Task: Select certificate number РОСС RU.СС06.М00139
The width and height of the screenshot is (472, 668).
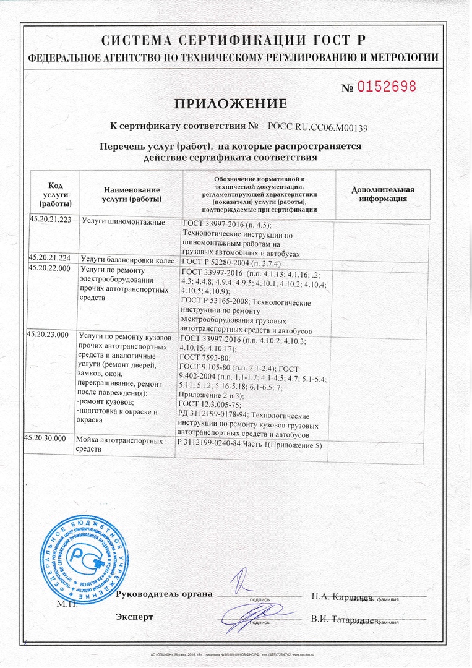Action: [318, 128]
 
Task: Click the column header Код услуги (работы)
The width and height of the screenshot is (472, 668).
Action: [55, 194]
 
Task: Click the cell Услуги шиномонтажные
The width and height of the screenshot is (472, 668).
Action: [123, 222]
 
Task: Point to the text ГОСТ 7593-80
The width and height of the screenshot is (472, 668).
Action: [204, 358]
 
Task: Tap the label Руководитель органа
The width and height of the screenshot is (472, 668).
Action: [164, 594]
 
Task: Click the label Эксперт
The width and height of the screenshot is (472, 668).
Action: [134, 617]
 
